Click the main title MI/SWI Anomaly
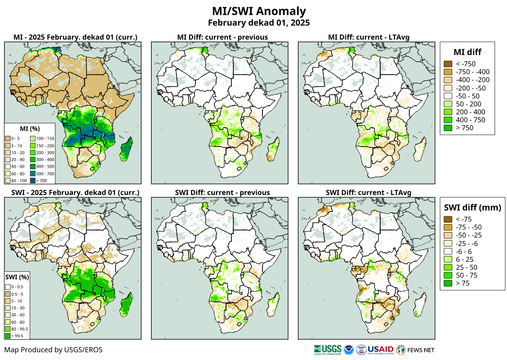[x=258, y=11]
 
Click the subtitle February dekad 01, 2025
[x=258, y=23]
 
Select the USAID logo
[x=381, y=349]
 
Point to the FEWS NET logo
[x=416, y=349]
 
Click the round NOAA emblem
[x=349, y=349]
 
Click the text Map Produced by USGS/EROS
[x=53, y=350]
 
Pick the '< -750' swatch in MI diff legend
[x=447, y=64]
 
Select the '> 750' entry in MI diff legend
[x=447, y=128]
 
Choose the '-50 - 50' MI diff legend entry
[x=447, y=96]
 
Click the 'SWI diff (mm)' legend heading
[x=471, y=207]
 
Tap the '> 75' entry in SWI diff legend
[x=447, y=283]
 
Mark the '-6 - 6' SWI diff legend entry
[x=447, y=252]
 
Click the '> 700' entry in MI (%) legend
[x=37, y=180]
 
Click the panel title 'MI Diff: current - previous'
[x=222, y=37]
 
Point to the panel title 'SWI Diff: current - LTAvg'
[x=368, y=192]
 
